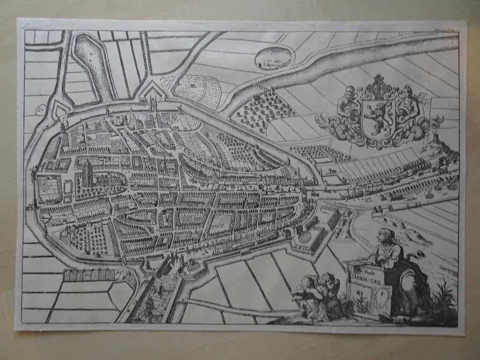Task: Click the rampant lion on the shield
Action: point(379,115)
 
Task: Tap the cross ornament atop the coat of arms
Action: point(379,84)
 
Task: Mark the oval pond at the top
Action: point(273,58)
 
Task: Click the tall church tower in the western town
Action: point(87,172)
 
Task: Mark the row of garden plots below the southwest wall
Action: point(89,275)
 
